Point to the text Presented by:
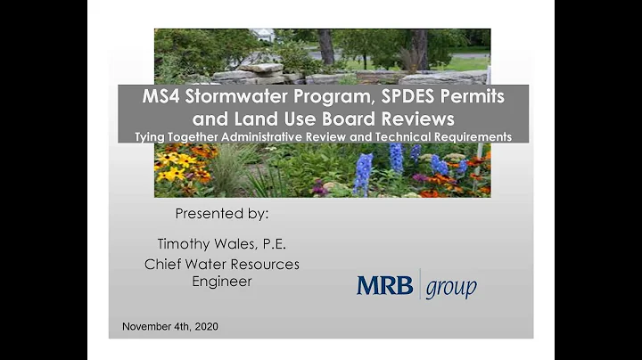click(222, 214)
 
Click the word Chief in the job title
click(162, 265)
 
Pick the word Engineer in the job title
click(222, 282)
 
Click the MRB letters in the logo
click(384, 285)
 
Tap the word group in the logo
click(450, 288)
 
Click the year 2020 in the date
click(203, 327)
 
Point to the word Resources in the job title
click(264, 265)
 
